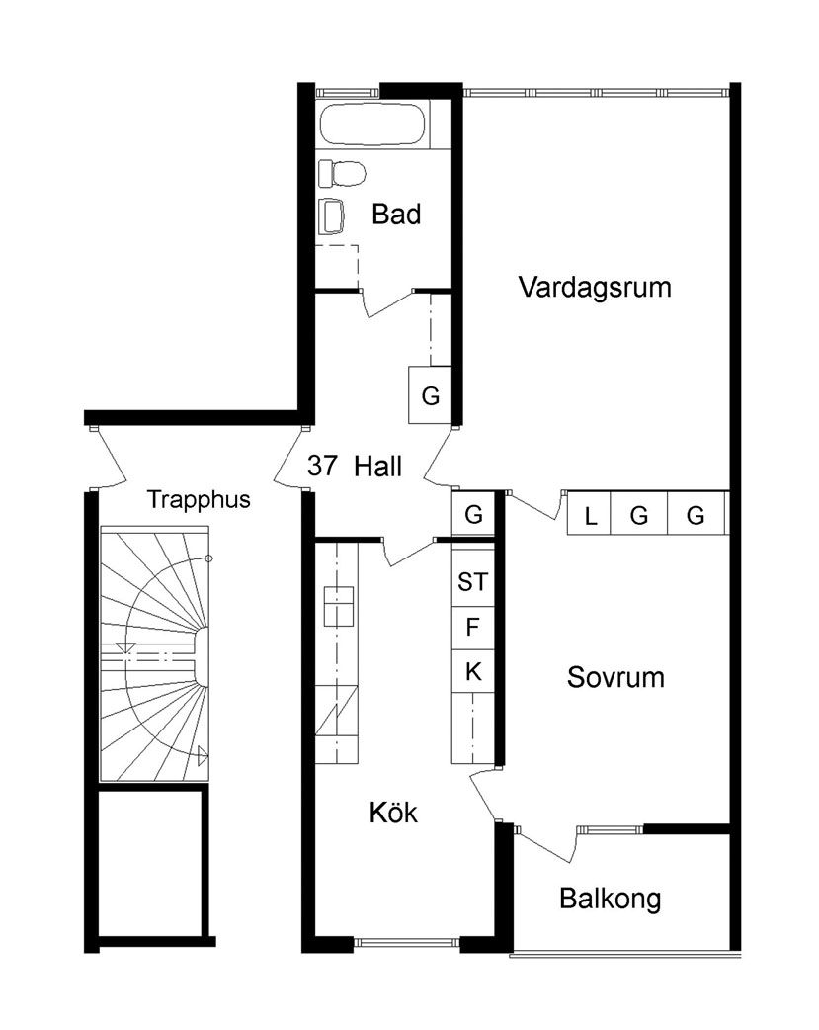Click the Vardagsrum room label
(x=595, y=288)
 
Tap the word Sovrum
(x=615, y=677)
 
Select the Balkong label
(x=611, y=900)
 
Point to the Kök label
(x=393, y=813)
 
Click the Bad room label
(x=396, y=215)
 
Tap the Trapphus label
(x=199, y=500)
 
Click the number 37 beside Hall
(x=322, y=466)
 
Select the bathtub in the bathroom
(x=372, y=125)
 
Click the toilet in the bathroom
(x=342, y=173)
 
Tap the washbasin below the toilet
(x=331, y=216)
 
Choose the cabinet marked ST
(x=473, y=580)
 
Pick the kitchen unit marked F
(x=473, y=628)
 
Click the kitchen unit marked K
(x=473, y=672)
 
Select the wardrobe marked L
(x=589, y=513)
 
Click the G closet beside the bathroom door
(x=430, y=394)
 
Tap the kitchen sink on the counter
(x=338, y=606)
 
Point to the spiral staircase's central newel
(x=201, y=655)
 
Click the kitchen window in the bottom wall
(x=407, y=943)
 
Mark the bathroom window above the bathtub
(x=348, y=93)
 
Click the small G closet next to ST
(x=473, y=514)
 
